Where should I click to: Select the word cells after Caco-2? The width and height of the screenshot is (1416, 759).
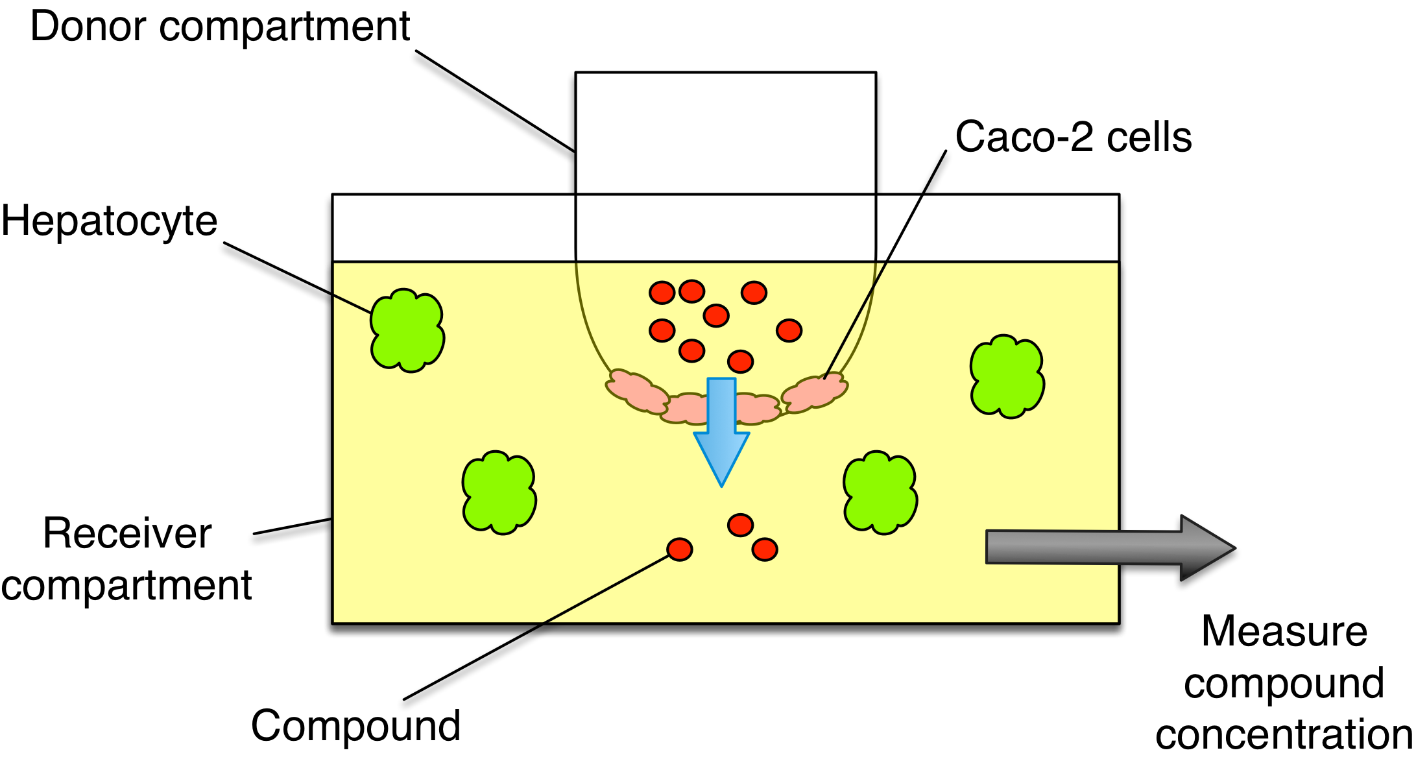(1149, 138)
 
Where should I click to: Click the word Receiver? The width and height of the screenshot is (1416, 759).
(127, 534)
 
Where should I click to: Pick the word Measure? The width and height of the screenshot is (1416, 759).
(1284, 631)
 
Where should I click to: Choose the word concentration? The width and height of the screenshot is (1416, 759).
(1284, 734)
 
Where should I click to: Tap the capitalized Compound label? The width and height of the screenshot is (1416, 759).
(355, 725)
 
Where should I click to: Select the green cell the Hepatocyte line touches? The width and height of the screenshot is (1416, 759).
(407, 330)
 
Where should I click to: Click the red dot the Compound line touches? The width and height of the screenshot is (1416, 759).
(680, 549)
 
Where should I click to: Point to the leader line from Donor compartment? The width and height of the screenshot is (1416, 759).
(496, 102)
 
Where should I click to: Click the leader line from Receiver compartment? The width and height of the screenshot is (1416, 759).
(293, 526)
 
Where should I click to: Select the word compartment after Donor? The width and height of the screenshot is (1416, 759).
(284, 27)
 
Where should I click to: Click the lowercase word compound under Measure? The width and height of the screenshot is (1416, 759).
(1284, 683)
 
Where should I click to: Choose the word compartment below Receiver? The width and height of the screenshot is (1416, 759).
(126, 586)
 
